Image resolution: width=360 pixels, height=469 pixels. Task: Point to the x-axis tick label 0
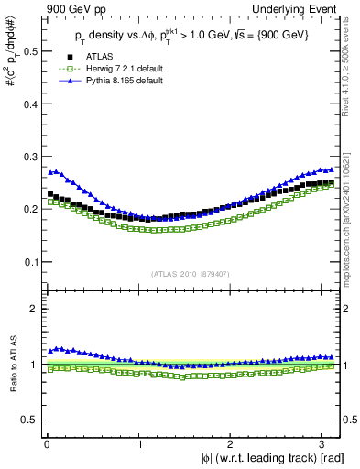click(46, 444)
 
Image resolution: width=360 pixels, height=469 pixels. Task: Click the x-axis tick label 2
click(233, 444)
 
